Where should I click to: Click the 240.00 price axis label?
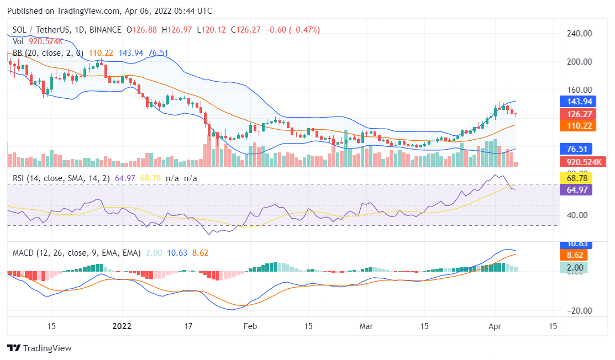point(580,33)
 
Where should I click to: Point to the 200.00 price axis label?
point(580,61)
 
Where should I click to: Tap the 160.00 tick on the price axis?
point(580,89)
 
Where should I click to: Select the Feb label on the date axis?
point(250,326)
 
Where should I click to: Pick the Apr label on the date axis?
point(495,326)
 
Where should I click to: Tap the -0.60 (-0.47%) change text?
point(293,30)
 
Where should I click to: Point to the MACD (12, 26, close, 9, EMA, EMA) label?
point(77,253)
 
